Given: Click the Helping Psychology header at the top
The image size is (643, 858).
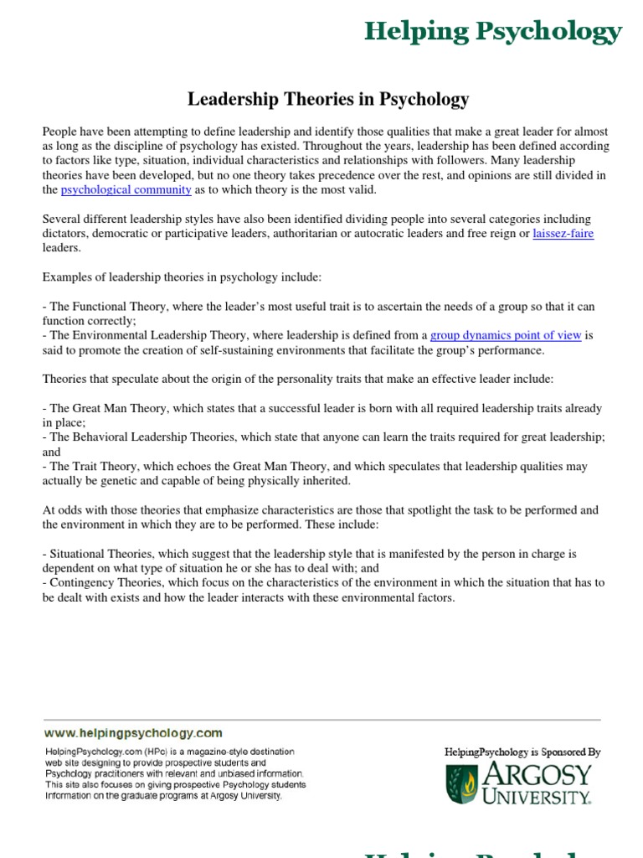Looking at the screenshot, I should pyautogui.click(x=492, y=32).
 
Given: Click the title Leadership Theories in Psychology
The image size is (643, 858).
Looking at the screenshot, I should pyautogui.click(x=328, y=100).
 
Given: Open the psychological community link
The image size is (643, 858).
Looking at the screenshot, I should pyautogui.click(x=126, y=190).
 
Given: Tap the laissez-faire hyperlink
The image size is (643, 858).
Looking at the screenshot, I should pyautogui.click(x=563, y=234).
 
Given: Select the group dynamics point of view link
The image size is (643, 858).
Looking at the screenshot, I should pyautogui.click(x=506, y=335).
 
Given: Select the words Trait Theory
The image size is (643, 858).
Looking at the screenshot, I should pyautogui.click(x=103, y=467).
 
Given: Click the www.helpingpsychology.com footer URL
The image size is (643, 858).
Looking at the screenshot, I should pyautogui.click(x=133, y=732).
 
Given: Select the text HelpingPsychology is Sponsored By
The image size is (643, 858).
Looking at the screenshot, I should pyautogui.click(x=522, y=752).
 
